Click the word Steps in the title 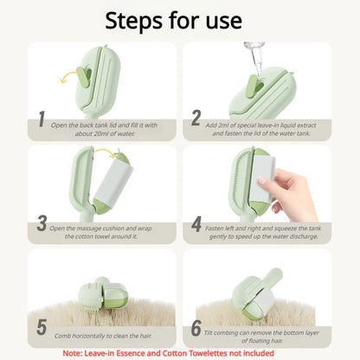click(134, 21)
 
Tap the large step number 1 click(42, 119)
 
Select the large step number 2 click(196, 118)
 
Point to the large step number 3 click(42, 223)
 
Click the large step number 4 click(196, 224)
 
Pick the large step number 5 click(42, 327)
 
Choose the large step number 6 click(196, 328)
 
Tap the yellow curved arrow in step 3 click(106, 152)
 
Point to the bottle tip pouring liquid click(255, 58)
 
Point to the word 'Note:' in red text click(73, 353)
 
